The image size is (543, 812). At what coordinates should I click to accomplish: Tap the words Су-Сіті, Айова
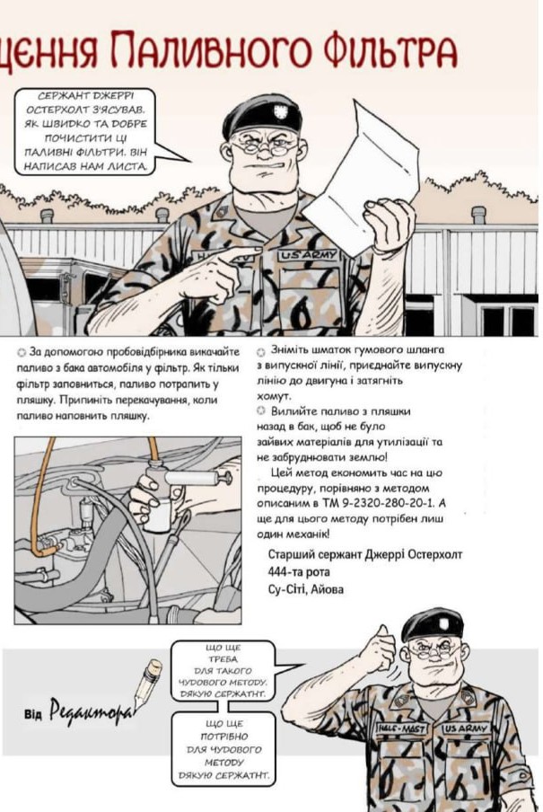point(305,589)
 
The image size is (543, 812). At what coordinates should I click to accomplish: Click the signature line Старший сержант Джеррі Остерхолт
point(364,555)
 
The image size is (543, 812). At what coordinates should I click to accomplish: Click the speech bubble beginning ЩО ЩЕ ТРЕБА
point(222,670)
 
